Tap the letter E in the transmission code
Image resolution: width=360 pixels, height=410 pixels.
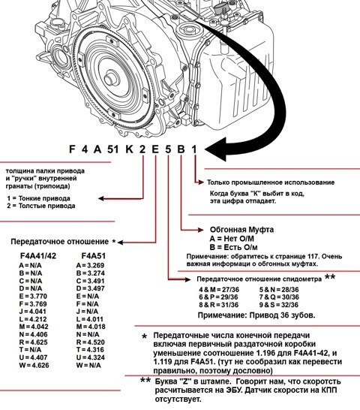154,149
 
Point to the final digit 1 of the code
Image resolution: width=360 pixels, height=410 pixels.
193,149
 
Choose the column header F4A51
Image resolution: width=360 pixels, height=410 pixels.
94,255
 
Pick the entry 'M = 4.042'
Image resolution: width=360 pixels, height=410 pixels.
35,326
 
